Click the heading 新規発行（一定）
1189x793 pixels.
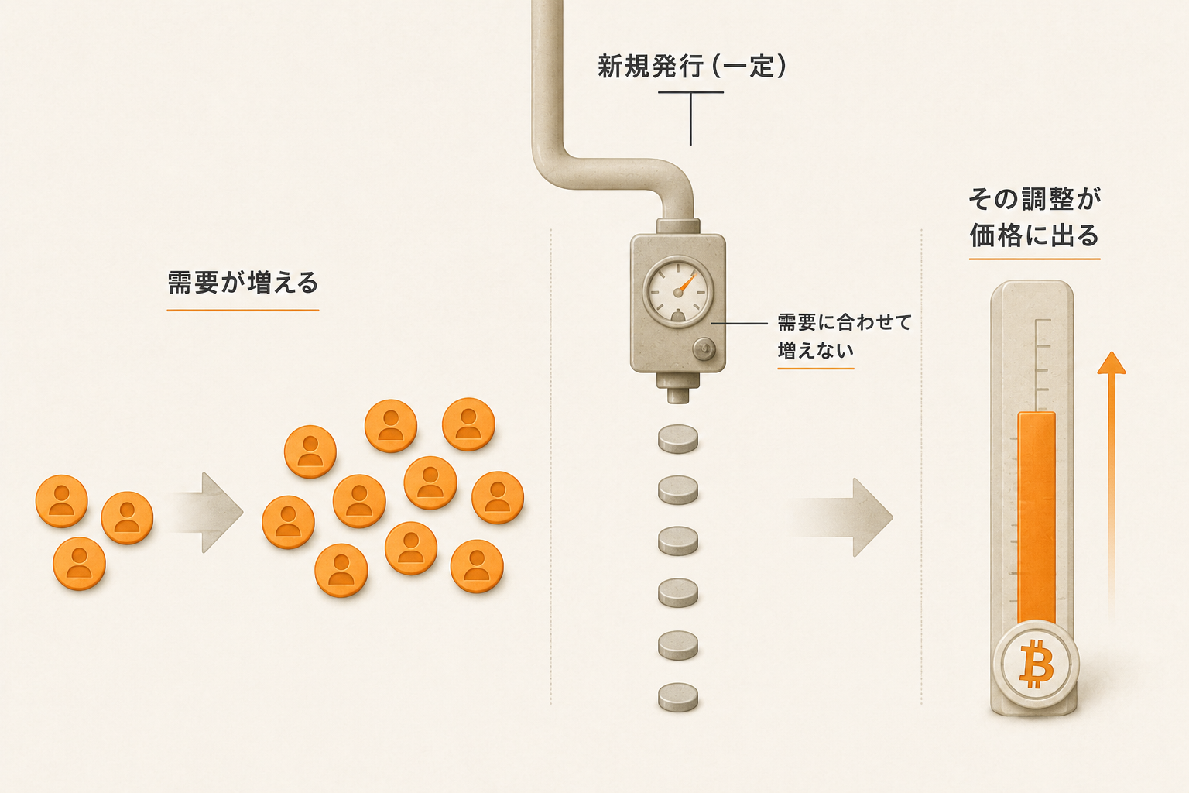pos(691,67)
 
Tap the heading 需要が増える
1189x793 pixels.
pos(242,282)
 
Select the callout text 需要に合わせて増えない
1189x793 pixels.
pos(844,335)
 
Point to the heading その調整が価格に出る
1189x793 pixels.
pos(1034,217)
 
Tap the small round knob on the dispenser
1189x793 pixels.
pos(704,349)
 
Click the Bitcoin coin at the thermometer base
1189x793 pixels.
pos(1036,664)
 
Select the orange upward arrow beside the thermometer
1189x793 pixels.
pos(1112,481)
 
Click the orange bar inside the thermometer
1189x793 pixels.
pos(1037,518)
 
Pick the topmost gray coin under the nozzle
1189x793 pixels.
pos(678,439)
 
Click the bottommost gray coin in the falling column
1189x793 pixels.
pos(678,697)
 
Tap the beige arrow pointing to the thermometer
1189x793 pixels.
pos(843,517)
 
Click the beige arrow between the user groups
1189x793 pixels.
pos(206,513)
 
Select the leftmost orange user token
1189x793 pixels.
pos(62,501)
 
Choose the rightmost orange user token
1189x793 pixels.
pos(498,498)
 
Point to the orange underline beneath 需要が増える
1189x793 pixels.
pos(242,310)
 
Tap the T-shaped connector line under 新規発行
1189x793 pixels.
pos(690,118)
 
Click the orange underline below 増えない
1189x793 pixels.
pos(815,368)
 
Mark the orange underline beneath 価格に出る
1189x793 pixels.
pos(1034,259)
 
